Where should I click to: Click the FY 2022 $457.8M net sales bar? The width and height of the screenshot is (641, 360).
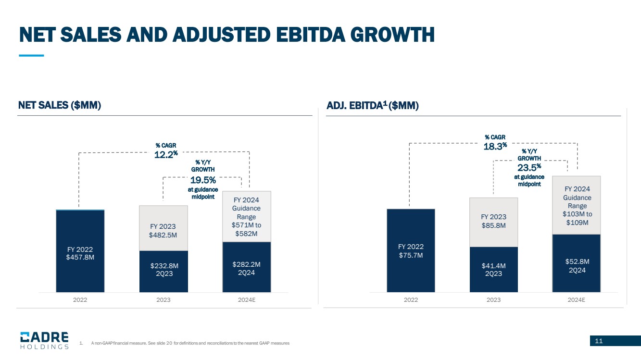(80, 251)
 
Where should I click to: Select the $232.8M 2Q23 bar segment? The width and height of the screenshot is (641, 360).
(163, 272)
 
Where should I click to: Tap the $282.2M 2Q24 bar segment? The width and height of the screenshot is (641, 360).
(247, 267)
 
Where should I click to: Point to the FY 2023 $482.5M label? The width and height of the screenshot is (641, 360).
(163, 231)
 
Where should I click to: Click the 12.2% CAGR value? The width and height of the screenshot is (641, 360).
(166, 154)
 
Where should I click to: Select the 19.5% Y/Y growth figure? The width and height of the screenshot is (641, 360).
(203, 180)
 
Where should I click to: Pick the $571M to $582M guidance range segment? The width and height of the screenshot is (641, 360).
(247, 216)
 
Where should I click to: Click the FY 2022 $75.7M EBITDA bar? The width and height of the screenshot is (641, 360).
(411, 250)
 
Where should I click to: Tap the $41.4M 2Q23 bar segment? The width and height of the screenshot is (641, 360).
(494, 270)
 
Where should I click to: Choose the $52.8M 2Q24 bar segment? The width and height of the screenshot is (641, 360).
(577, 263)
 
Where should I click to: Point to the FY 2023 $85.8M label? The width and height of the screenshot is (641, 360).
(494, 221)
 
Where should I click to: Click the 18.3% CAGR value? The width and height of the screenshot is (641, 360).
(495, 146)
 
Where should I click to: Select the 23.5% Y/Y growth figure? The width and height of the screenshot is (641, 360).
(529, 167)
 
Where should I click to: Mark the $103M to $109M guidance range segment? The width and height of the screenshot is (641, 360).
(577, 205)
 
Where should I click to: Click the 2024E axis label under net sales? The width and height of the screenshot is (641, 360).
(247, 299)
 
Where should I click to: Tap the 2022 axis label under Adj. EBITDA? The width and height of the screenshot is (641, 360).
(411, 299)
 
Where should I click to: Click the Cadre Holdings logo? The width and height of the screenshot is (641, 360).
(44, 340)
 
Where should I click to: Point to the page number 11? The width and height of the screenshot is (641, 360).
(599, 341)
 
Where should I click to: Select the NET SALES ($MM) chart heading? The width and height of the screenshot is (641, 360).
(60, 105)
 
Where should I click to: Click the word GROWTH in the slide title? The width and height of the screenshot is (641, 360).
(392, 35)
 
